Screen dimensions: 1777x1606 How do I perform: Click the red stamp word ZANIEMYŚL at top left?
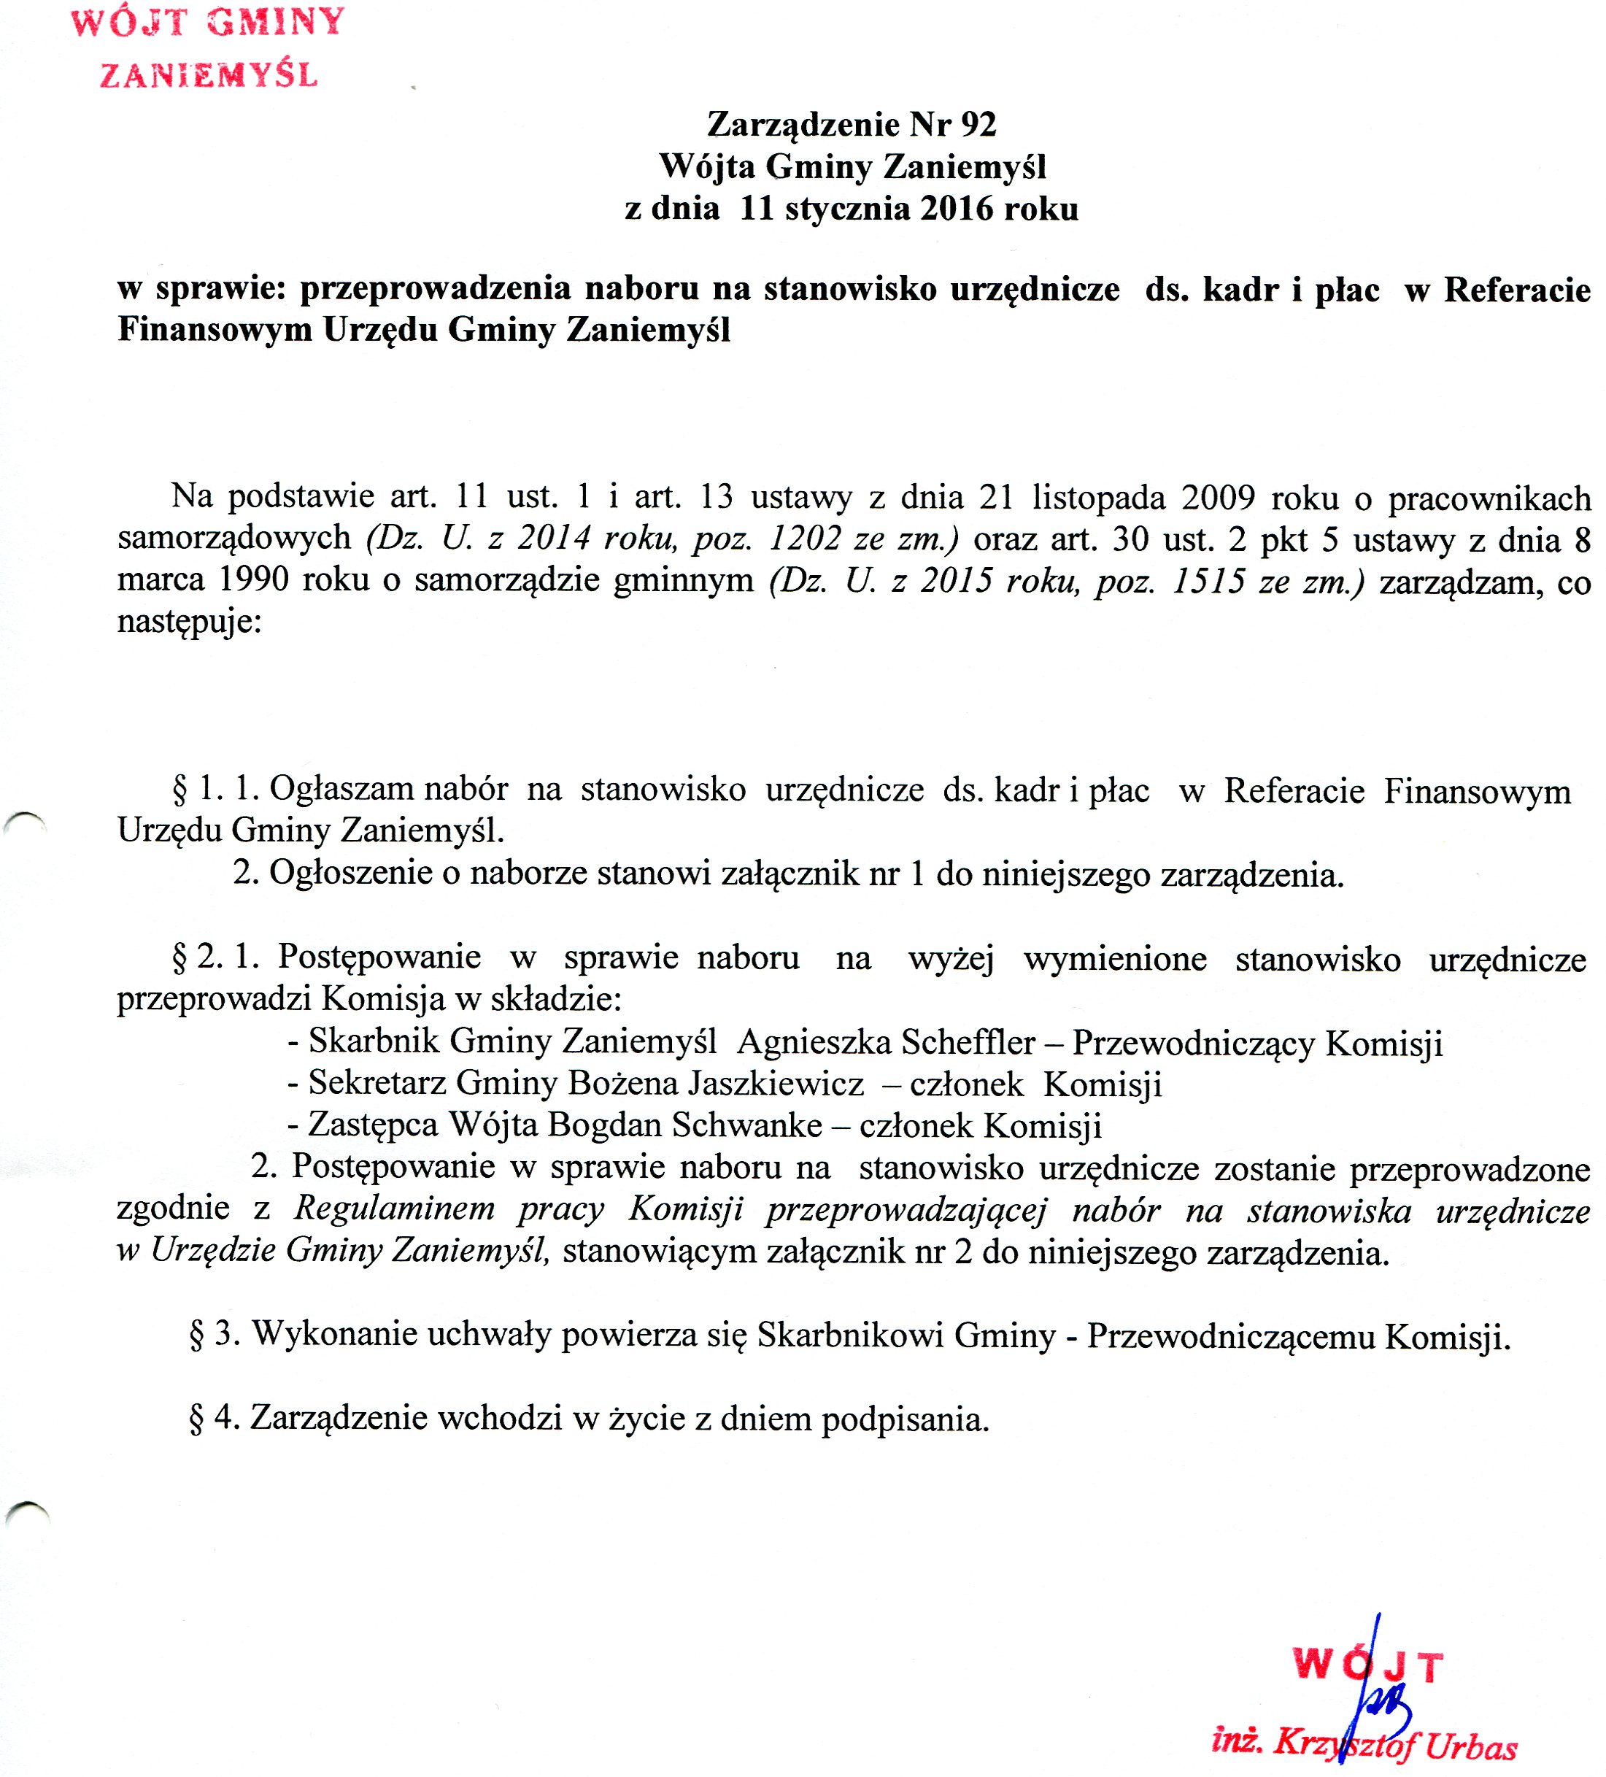(x=208, y=75)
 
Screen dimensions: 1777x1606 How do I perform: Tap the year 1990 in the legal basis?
(x=253, y=581)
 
